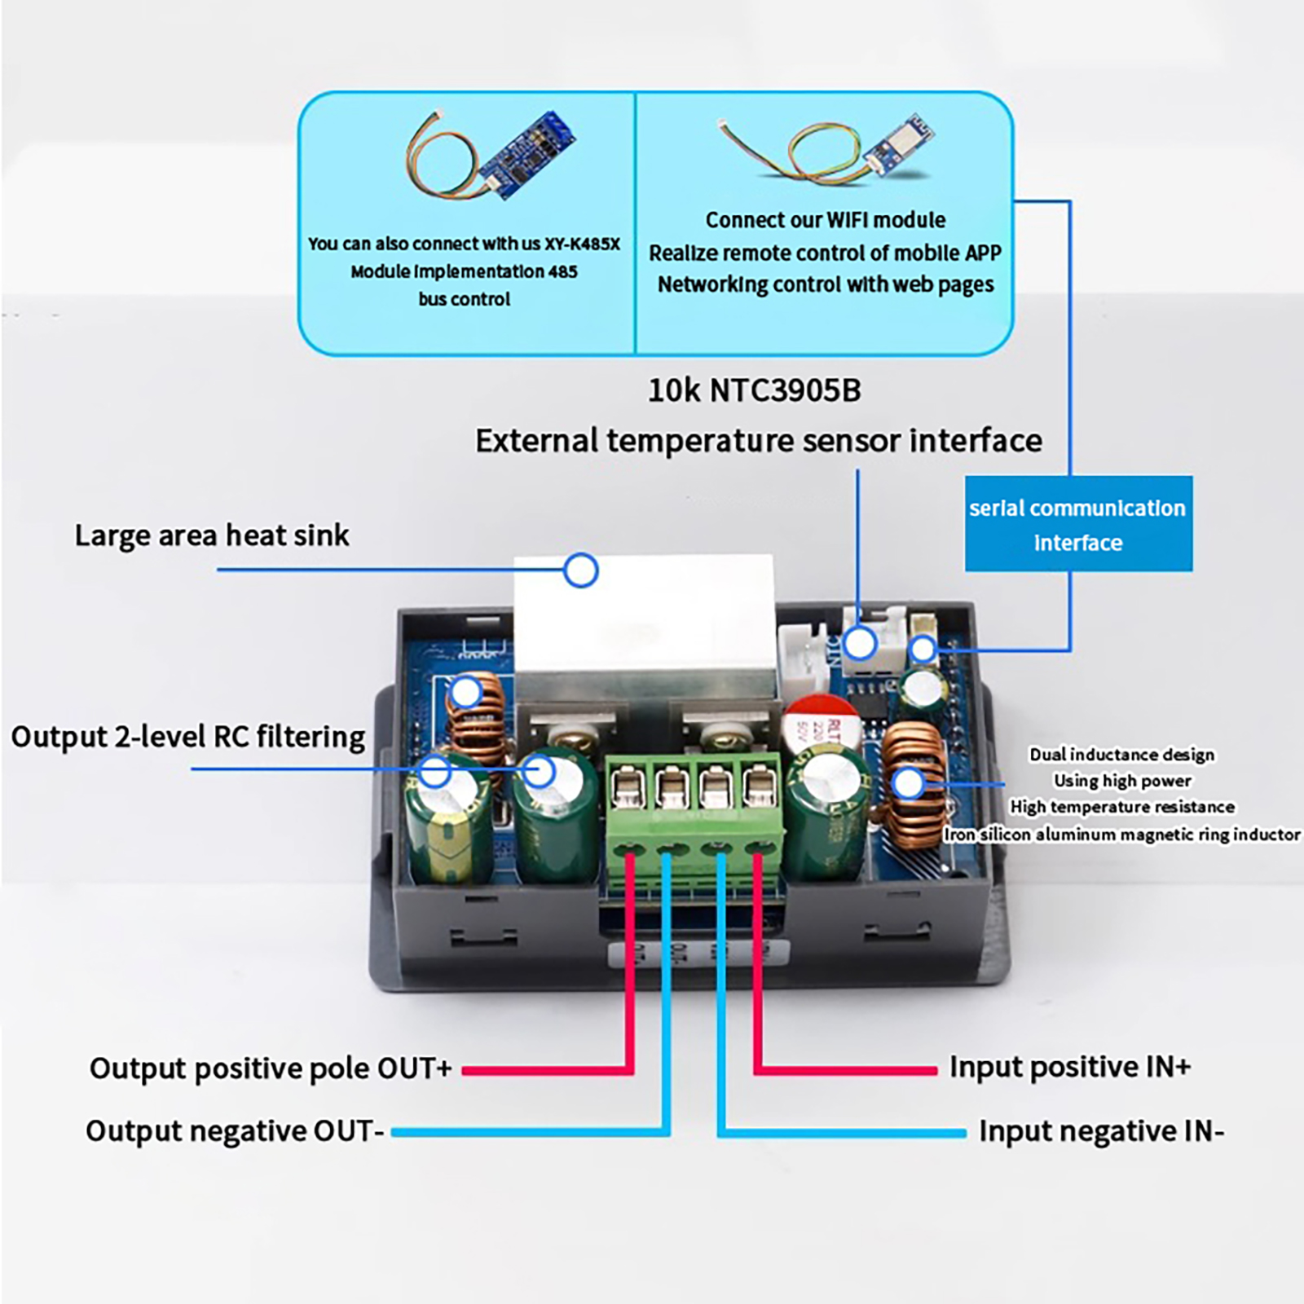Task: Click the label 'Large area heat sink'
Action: (211, 535)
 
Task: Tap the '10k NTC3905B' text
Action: (754, 390)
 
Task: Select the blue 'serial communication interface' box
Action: (1077, 524)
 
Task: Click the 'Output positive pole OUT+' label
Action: (270, 1068)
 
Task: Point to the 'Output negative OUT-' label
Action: (235, 1131)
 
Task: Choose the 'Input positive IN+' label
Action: (1070, 1067)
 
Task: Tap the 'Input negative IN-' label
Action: (1101, 1131)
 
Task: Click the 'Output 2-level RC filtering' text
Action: (188, 737)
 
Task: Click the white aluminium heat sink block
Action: (644, 619)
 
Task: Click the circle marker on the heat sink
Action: (581, 570)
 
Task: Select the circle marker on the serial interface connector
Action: (923, 650)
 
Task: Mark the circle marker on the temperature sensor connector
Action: (860, 644)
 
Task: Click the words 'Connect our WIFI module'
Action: (825, 220)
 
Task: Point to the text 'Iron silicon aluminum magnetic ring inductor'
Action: (1121, 835)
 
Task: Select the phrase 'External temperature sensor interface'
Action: (758, 441)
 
